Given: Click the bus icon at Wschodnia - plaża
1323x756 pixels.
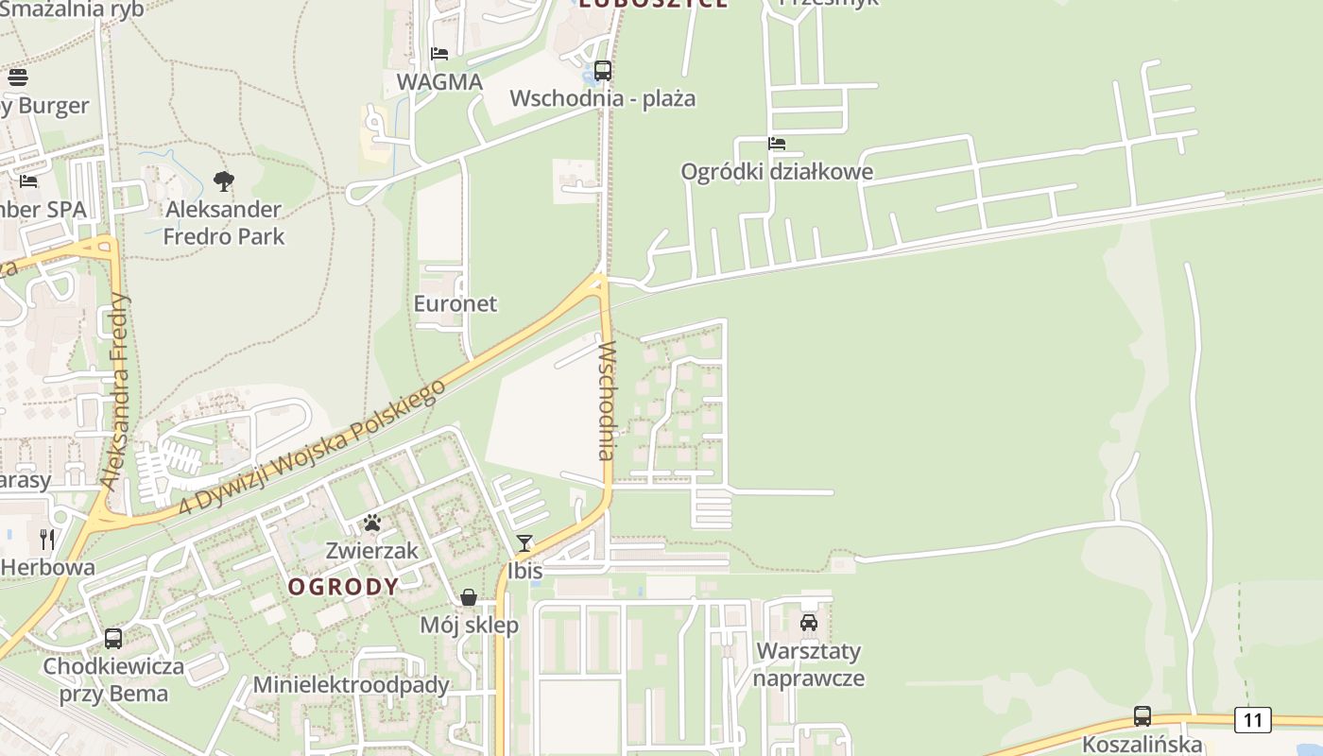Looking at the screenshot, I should click(602, 70).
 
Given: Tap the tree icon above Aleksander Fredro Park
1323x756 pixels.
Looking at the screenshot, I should click(224, 180).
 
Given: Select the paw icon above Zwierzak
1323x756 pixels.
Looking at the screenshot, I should click(372, 523).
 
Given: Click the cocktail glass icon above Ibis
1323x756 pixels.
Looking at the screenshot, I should click(524, 542).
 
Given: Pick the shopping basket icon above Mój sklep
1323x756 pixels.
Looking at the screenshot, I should click(469, 597).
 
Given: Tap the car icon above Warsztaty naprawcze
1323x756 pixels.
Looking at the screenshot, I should click(809, 623).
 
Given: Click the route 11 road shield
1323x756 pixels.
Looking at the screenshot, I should click(1252, 720).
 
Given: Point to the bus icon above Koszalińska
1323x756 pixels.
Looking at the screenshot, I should click(1143, 716).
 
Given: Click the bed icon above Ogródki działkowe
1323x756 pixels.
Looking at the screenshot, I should click(777, 144).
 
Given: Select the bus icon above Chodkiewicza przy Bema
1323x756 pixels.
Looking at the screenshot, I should click(113, 638).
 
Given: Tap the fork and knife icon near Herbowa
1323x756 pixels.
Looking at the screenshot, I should click(47, 540).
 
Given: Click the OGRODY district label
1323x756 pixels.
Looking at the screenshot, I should click(343, 587).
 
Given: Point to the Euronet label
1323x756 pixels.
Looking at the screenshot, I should click(455, 303).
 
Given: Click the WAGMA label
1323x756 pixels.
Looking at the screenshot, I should click(439, 81).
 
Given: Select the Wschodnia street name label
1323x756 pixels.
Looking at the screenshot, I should click(607, 400).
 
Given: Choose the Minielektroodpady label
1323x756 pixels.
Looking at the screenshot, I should click(351, 684).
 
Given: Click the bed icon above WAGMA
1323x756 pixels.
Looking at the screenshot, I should click(439, 53).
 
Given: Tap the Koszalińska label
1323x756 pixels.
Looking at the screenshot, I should click(1143, 745).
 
